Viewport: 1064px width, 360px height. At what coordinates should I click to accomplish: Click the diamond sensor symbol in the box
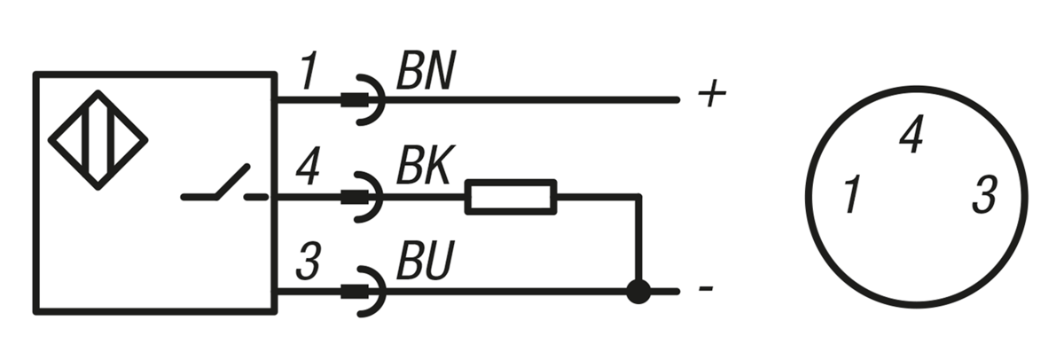pyautogui.click(x=98, y=139)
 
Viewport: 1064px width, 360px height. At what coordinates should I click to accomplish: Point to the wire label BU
pyautogui.click(x=424, y=264)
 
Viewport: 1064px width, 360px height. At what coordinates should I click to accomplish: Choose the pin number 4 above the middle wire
pyautogui.click(x=307, y=169)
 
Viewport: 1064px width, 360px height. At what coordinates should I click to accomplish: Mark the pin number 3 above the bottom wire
pyautogui.click(x=307, y=264)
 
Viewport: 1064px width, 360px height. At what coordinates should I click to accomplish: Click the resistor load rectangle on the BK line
pyautogui.click(x=511, y=196)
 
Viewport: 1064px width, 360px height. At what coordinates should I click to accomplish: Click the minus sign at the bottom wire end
pyautogui.click(x=706, y=290)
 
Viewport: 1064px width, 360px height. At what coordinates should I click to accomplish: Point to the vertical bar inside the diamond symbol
pyautogui.click(x=98, y=139)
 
